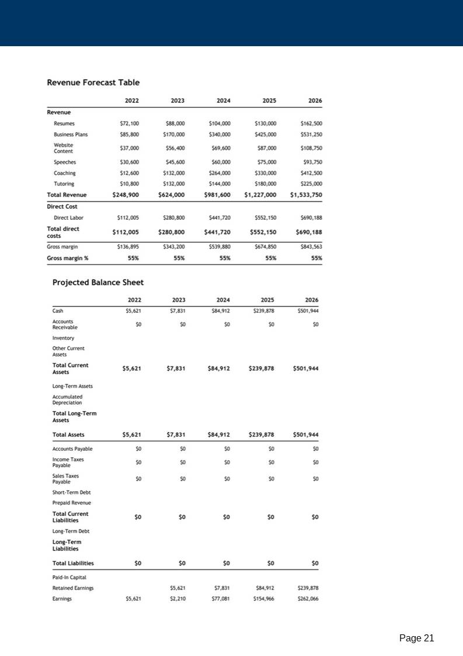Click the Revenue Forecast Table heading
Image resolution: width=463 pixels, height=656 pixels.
click(93, 82)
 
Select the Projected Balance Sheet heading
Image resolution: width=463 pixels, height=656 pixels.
click(98, 282)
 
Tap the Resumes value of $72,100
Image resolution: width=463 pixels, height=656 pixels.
click(129, 123)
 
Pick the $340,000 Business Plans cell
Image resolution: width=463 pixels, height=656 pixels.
click(220, 134)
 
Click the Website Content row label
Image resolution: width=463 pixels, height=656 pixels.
click(64, 148)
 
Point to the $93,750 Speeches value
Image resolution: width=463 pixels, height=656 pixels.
click(311, 162)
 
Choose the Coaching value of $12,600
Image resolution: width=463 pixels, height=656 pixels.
click(129, 173)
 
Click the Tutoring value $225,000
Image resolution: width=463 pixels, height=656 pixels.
click(311, 184)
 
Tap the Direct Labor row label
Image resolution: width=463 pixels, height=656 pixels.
click(68, 217)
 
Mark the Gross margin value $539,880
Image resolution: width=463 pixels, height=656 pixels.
click(220, 247)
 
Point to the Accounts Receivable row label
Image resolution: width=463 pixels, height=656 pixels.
click(65, 324)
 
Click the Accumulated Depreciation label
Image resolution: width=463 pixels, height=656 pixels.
click(67, 399)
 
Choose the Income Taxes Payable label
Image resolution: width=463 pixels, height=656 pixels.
click(68, 462)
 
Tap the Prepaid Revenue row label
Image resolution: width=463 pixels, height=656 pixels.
click(72, 502)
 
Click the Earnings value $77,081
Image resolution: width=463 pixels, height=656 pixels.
click(220, 599)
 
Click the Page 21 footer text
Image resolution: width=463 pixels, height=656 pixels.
click(416, 638)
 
